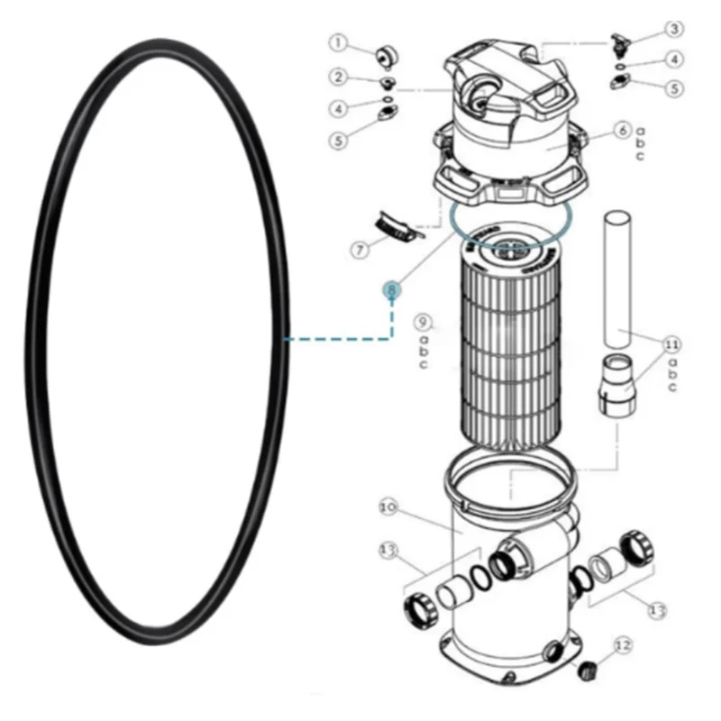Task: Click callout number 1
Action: [x=337, y=42]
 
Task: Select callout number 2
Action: [x=337, y=78]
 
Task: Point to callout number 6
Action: [x=621, y=131]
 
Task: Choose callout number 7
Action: [x=360, y=250]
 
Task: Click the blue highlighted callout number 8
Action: [x=392, y=289]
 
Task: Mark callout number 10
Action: [x=389, y=507]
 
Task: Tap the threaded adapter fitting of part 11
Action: [x=617, y=383]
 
